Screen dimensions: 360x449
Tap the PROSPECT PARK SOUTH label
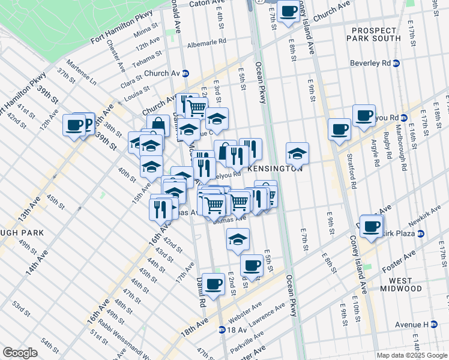(x=376, y=34)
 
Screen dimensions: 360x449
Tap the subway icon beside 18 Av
(x=222, y=329)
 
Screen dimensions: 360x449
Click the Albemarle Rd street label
(x=206, y=42)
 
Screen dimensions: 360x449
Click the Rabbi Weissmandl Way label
(x=126, y=340)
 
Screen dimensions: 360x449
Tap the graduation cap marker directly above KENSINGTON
(x=297, y=154)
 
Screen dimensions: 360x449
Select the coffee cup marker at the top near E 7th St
(x=288, y=10)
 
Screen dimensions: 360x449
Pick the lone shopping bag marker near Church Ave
(x=158, y=125)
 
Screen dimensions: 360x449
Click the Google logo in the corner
(x=20, y=353)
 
